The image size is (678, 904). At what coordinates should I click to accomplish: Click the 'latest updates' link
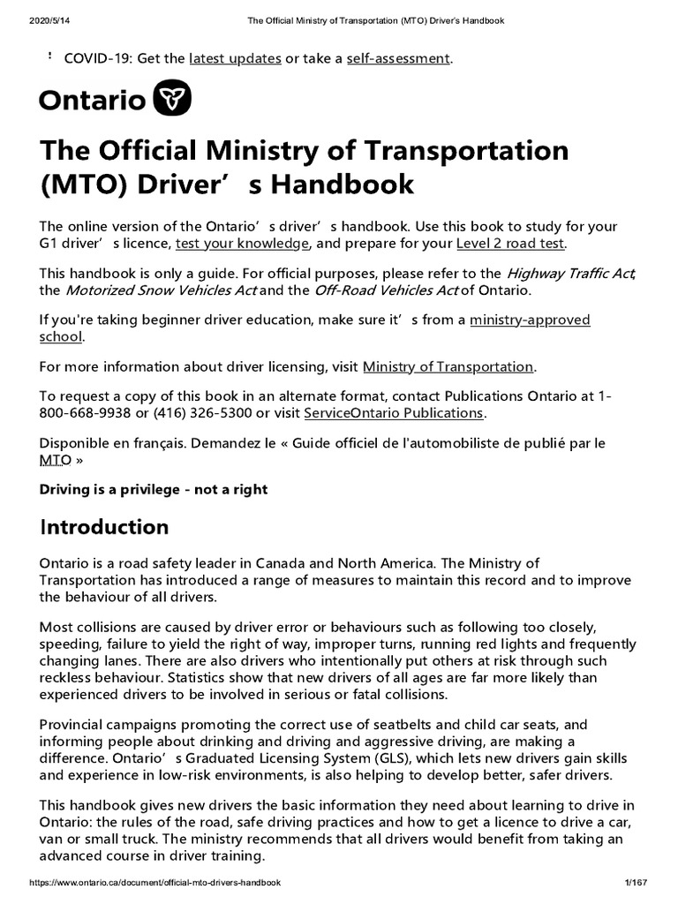tap(234, 59)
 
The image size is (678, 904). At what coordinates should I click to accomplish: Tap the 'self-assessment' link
tap(398, 59)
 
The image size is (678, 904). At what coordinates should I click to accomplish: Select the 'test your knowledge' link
tap(242, 243)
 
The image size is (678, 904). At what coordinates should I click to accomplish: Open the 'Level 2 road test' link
tap(510, 243)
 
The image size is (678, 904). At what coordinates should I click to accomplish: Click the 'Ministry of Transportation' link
tap(448, 366)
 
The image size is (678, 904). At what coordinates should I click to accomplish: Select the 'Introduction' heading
tap(104, 527)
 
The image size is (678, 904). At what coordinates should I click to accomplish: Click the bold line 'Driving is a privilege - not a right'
tap(154, 488)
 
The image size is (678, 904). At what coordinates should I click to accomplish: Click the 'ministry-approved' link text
tap(530, 320)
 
